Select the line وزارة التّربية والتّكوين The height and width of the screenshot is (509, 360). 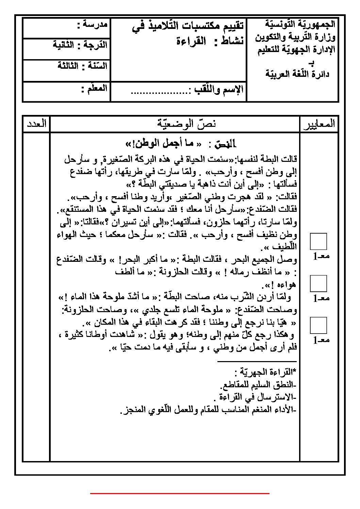pos(295,37)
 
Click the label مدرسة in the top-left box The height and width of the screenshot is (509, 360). pos(93,24)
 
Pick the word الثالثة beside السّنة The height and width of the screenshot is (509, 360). pos(67,66)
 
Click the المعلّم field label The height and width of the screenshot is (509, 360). pos(94,89)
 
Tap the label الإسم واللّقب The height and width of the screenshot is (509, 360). pos(218,90)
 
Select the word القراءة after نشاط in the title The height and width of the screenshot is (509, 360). pos(191,41)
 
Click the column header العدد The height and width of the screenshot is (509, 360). pos(36,123)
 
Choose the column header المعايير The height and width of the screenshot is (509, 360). pos(318,124)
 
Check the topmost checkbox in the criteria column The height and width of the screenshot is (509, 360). pos(318,241)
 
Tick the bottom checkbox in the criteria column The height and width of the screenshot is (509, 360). pos(318,325)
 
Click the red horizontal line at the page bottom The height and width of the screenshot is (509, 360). pos(180,493)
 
